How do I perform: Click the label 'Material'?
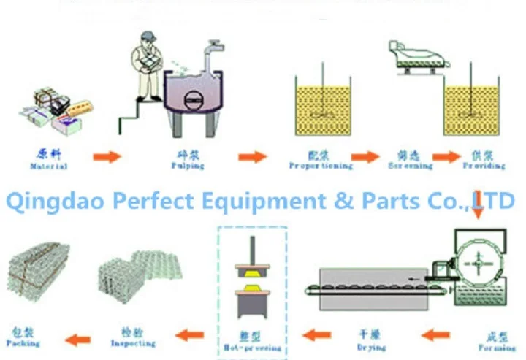coord(49,166)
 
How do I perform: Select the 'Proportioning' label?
coord(321,166)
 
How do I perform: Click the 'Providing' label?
coord(484,166)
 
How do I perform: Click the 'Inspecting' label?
coord(133,343)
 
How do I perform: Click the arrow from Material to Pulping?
coord(107,156)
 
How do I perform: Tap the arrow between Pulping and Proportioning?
coord(253,156)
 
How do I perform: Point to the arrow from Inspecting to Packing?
coord(77,337)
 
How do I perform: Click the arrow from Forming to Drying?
coord(437,336)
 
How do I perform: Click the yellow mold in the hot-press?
coord(251,277)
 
